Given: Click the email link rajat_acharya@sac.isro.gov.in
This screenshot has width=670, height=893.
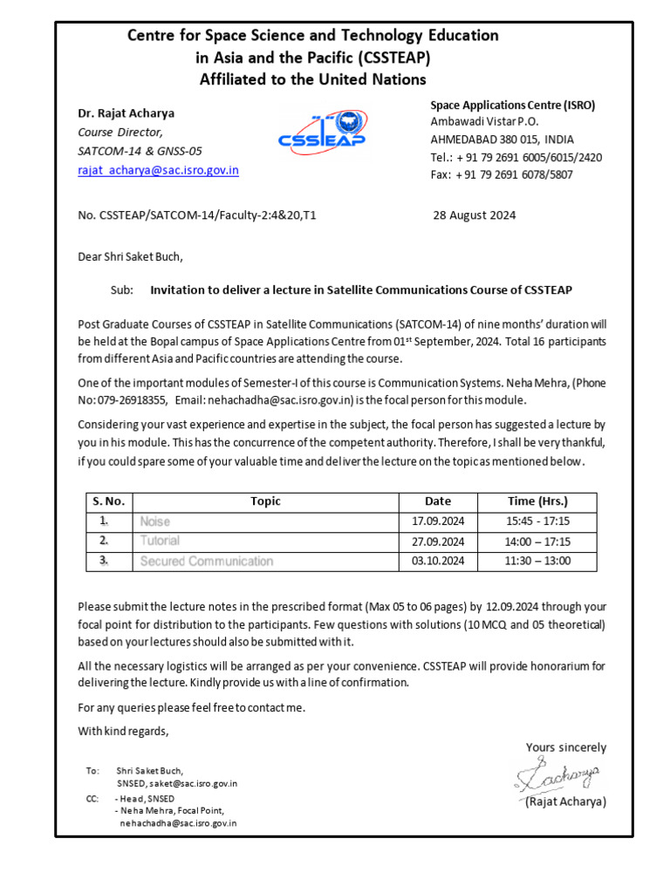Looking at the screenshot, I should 158,170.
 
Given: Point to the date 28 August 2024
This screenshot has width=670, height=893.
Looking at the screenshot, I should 474,215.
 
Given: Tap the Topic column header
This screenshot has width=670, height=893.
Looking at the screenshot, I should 265,501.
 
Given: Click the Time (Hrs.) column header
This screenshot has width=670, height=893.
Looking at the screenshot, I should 537,501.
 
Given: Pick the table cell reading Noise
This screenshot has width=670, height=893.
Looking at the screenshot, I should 155,521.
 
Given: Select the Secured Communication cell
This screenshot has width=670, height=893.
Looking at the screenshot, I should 206,561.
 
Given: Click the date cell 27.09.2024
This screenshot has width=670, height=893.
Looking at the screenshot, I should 437,542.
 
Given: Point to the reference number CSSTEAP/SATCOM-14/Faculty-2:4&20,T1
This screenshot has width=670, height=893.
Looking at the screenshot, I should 197,215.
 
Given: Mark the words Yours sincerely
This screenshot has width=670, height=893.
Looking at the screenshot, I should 565,747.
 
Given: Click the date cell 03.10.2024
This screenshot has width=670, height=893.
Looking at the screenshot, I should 437,561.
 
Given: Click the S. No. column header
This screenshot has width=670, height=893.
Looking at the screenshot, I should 109,501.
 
